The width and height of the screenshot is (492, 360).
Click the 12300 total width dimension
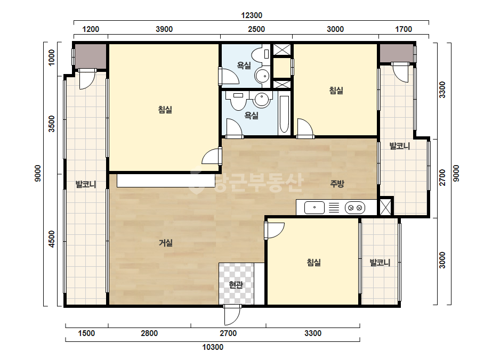pyautogui.click(x=252, y=15)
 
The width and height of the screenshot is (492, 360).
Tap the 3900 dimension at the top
pyautogui.click(x=164, y=29)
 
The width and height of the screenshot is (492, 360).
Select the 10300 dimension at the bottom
pyautogui.click(x=213, y=347)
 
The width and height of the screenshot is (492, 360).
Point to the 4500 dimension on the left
pyautogui.click(x=52, y=239)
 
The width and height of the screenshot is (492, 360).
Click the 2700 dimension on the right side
pyautogui.click(x=442, y=177)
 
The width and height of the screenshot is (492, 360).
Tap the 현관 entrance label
pyautogui.click(x=236, y=285)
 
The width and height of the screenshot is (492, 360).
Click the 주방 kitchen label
pyautogui.click(x=337, y=183)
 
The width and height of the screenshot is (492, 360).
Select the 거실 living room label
pyautogui.click(x=165, y=243)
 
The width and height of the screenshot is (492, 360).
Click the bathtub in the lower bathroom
pyautogui.click(x=284, y=114)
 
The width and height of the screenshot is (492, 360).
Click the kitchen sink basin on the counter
pyautogui.click(x=314, y=208)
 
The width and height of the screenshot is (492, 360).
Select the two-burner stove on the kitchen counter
pyautogui.click(x=355, y=208)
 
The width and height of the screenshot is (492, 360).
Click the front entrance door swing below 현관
pyautogui.click(x=232, y=315)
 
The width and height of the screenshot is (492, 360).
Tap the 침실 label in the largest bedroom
pyautogui.click(x=165, y=110)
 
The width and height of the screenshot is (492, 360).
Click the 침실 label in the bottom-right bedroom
pyautogui.click(x=314, y=263)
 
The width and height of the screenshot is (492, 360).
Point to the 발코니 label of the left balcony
pyautogui.click(x=86, y=184)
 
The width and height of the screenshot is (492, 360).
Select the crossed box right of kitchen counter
pyautogui.click(x=385, y=207)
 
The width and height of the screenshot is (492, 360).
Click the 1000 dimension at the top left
pyautogui.click(x=52, y=58)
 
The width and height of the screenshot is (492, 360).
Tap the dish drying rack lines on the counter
pyautogui.click(x=334, y=208)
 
